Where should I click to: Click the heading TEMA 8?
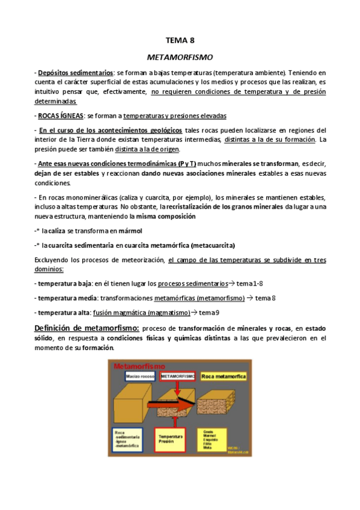click(180, 41)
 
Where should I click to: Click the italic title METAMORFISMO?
click(180, 58)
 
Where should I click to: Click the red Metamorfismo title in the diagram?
click(133, 365)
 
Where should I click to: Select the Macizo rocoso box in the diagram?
click(140, 376)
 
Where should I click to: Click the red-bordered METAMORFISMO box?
click(178, 376)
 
